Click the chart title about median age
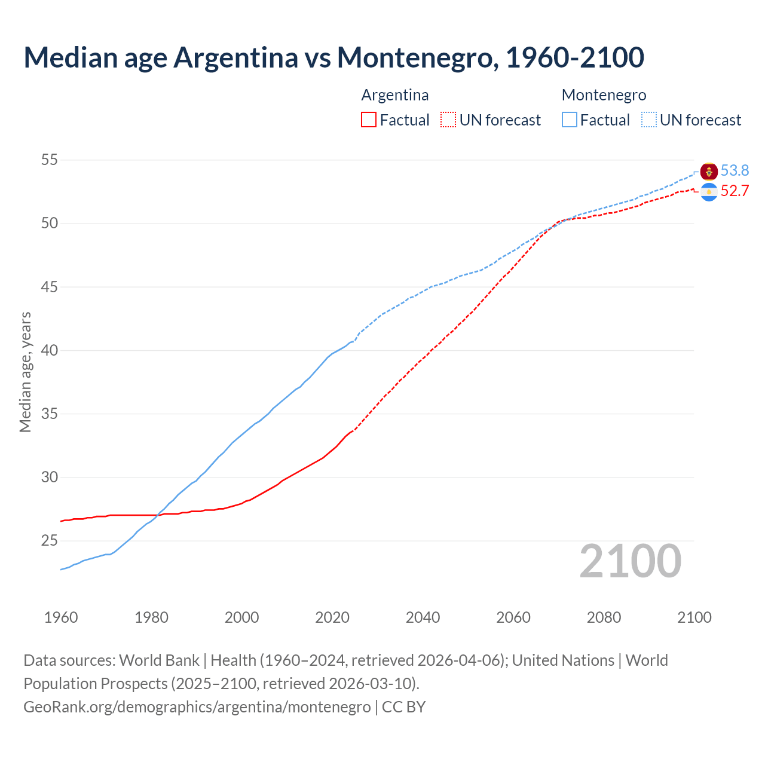pyautogui.click(x=333, y=57)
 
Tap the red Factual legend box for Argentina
pyautogui.click(x=369, y=120)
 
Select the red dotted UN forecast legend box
pyautogui.click(x=448, y=120)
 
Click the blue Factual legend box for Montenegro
pyautogui.click(x=570, y=120)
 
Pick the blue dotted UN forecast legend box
pyautogui.click(x=648, y=120)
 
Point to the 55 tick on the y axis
pyautogui.click(x=50, y=160)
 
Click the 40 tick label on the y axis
pyautogui.click(x=50, y=350)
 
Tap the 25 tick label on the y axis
pyautogui.click(x=50, y=541)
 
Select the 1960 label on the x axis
pyautogui.click(x=61, y=617)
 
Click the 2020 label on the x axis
pyautogui.click(x=332, y=617)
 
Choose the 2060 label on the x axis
pyautogui.click(x=513, y=617)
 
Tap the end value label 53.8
pyautogui.click(x=735, y=171)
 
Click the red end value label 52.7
pyautogui.click(x=735, y=191)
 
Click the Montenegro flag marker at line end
pyautogui.click(x=709, y=172)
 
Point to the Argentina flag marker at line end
pyautogui.click(x=709, y=192)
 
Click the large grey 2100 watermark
pyautogui.click(x=630, y=561)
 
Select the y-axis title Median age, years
pyautogui.click(x=25, y=372)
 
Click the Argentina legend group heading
pyautogui.click(x=395, y=95)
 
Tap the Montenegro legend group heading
pyautogui.click(x=604, y=95)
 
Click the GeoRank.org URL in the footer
pyautogui.click(x=197, y=707)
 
